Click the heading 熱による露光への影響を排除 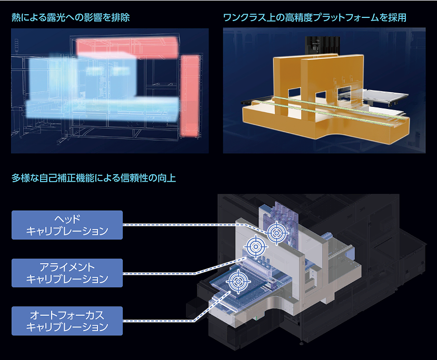[x=71, y=18]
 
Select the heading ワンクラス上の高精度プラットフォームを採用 [x=314, y=18]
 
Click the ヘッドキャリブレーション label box [x=67, y=225]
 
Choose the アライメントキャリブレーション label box [x=67, y=273]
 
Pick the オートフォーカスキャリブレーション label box [x=67, y=321]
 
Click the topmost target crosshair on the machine [x=275, y=232]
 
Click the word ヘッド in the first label [x=67, y=219]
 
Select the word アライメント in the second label [x=67, y=267]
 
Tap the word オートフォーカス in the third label [x=67, y=315]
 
